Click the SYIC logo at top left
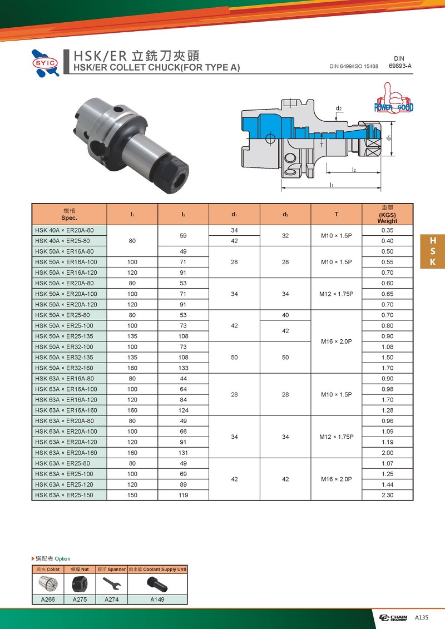point(46,63)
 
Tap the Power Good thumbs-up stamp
point(393,97)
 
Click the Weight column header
point(387,214)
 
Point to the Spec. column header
point(70,214)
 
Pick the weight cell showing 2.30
point(387,495)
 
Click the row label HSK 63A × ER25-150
point(64,495)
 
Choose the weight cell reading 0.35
point(387,230)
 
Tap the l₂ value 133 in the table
point(184,368)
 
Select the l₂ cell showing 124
point(184,410)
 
